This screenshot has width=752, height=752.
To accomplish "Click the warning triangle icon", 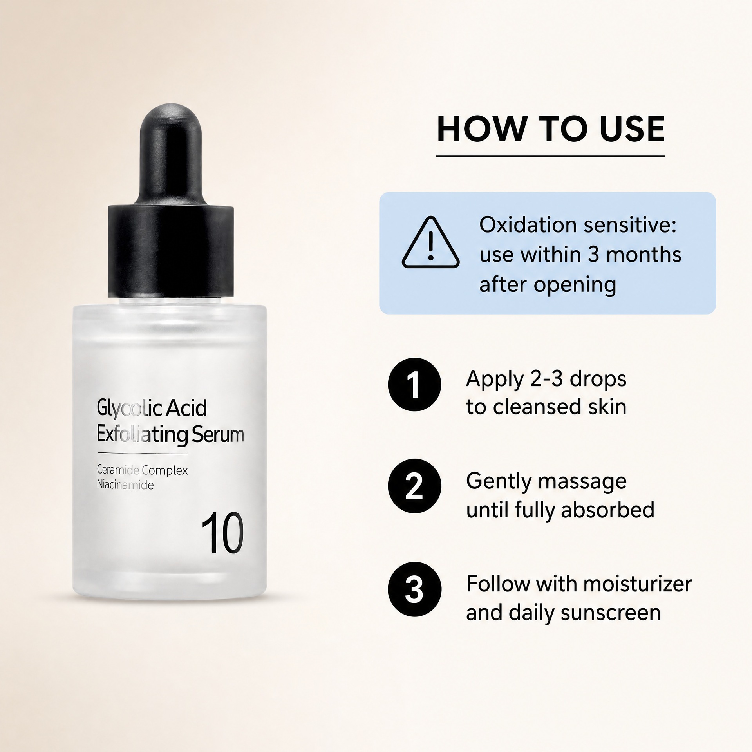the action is pos(430,242).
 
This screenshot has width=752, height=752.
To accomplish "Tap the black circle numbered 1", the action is pos(414,384).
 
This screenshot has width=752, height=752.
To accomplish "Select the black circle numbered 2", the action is pos(414,486).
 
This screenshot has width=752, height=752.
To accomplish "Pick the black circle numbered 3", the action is pos(414,589).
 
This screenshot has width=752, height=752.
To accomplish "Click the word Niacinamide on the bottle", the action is pos(125,485).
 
